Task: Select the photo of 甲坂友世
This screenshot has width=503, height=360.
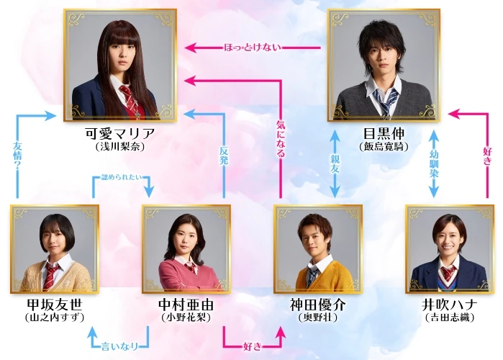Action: tap(55, 249)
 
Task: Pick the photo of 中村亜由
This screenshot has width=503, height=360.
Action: tap(186, 249)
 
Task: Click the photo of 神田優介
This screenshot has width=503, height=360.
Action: tap(318, 249)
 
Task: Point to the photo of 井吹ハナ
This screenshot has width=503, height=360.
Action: tap(449, 249)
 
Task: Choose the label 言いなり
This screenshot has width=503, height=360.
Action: tap(119, 336)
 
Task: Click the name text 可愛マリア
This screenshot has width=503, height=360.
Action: tap(119, 134)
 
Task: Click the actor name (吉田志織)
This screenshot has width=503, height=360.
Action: tap(449, 318)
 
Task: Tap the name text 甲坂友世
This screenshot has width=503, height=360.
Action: tap(55, 305)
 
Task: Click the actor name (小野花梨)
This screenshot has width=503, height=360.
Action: tap(186, 318)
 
